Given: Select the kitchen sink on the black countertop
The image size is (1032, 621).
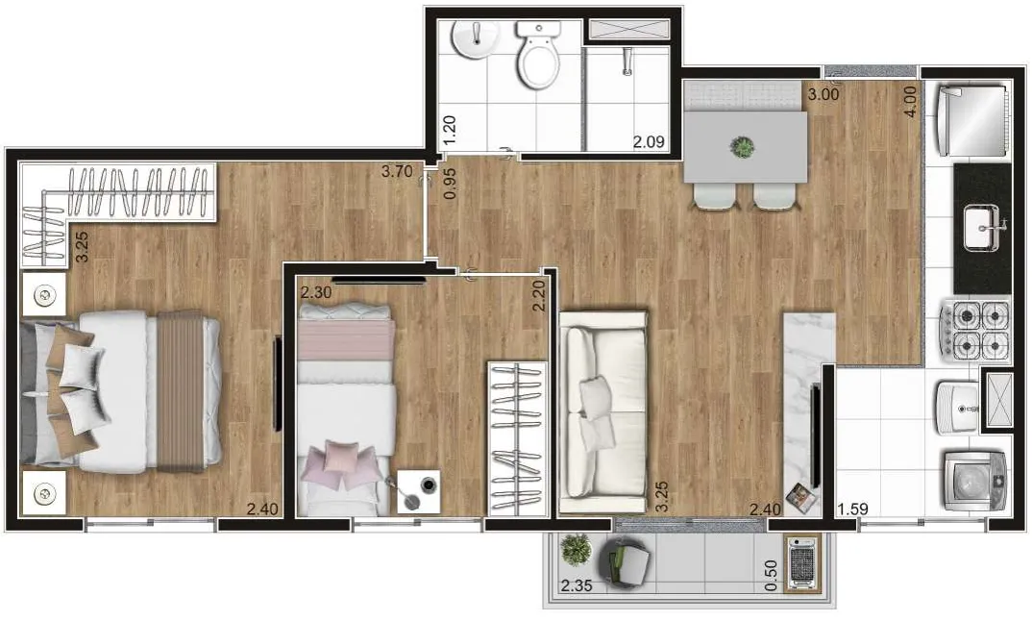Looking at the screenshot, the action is [983, 227].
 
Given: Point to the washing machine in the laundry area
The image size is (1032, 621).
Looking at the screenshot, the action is [975, 481].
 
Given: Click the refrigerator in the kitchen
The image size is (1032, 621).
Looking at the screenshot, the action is [971, 119].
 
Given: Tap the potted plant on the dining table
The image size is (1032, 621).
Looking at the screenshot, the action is [743, 146].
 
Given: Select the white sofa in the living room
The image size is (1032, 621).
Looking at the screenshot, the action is [602, 412].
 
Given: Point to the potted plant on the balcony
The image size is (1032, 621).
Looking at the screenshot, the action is [576, 549].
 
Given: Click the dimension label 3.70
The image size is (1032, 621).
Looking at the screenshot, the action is [397, 172].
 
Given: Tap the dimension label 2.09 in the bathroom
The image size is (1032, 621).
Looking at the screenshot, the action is [649, 141].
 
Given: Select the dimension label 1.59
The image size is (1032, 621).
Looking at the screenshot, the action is [852, 509].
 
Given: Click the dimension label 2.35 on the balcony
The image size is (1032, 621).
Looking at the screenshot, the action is [577, 585].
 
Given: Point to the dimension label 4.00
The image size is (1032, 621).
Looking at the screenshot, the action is [910, 102].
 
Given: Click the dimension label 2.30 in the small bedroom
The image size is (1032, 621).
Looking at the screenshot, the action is [316, 292].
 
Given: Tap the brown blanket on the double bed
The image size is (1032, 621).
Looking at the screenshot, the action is [180, 391].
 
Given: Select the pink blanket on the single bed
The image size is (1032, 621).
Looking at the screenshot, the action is [346, 340].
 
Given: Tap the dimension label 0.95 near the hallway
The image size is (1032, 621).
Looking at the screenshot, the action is [451, 184].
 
